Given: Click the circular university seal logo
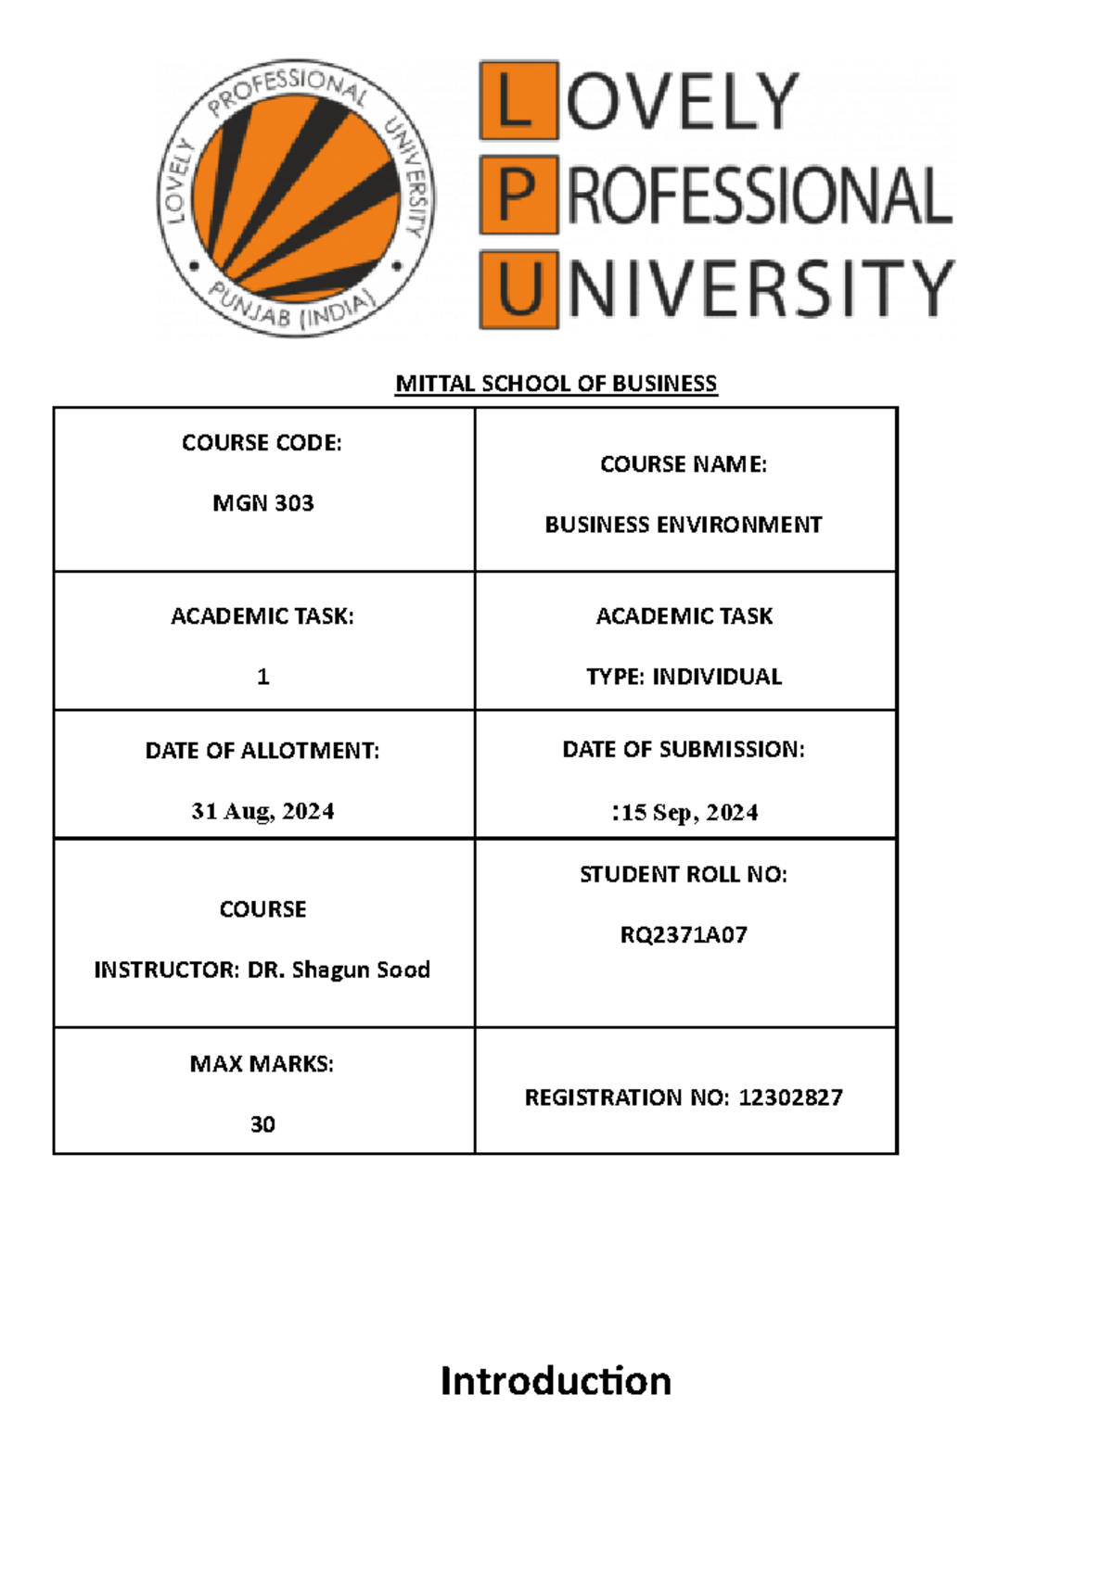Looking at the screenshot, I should [x=295, y=197].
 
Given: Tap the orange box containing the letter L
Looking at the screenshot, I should [x=518, y=100].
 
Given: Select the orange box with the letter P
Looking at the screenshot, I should [x=518, y=196].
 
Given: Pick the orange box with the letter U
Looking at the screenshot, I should [x=518, y=289].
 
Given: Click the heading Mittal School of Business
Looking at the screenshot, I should [x=556, y=383].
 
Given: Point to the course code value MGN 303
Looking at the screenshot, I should [x=263, y=503].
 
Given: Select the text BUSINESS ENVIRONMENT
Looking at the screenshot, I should [x=684, y=525].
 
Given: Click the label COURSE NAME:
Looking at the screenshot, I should [x=684, y=464].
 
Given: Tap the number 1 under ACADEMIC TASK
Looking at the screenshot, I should [x=263, y=677].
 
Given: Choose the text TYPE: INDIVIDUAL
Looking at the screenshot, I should [x=684, y=677].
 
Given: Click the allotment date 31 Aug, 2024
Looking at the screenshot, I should [x=263, y=811].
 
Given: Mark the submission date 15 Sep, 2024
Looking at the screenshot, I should [x=689, y=813].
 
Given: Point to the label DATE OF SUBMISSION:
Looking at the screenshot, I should [x=684, y=750].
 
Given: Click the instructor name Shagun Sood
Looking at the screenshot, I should [x=361, y=970].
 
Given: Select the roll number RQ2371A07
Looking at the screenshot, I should [x=684, y=934].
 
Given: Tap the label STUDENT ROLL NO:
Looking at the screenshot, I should [x=684, y=874].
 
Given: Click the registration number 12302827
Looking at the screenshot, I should [x=790, y=1097].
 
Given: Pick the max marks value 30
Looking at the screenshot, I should [x=263, y=1124].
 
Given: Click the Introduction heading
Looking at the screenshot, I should [x=556, y=1380].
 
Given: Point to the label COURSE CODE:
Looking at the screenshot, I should [x=262, y=443].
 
